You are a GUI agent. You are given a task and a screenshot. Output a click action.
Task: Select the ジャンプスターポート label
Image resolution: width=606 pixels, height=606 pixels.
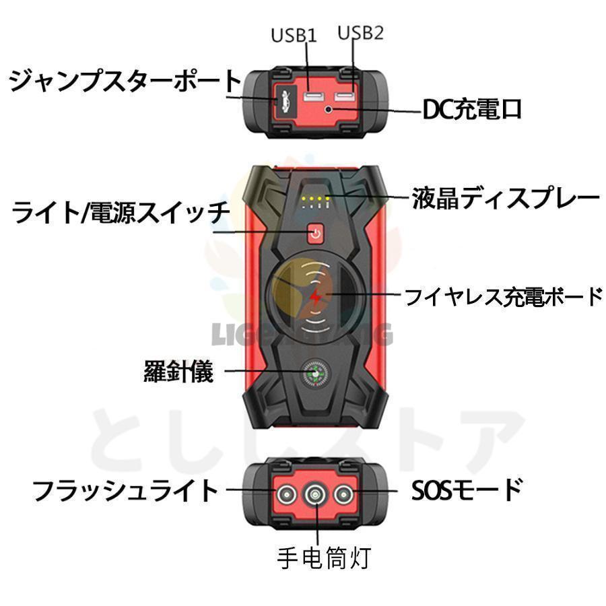(125, 81)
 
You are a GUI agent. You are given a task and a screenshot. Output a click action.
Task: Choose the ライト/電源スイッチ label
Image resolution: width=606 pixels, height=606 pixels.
(121, 214)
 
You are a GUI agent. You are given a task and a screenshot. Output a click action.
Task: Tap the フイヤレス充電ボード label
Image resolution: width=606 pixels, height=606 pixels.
(502, 296)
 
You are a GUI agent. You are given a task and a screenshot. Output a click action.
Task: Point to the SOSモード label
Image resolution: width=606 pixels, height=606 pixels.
(467, 490)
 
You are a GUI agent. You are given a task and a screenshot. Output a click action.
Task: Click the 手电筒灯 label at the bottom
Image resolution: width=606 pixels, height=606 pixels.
(324, 558)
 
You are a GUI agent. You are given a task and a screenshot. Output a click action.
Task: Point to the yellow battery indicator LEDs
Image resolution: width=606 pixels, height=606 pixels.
(315, 199)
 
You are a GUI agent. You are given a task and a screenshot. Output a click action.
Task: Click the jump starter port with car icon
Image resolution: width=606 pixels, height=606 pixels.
(281, 102)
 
